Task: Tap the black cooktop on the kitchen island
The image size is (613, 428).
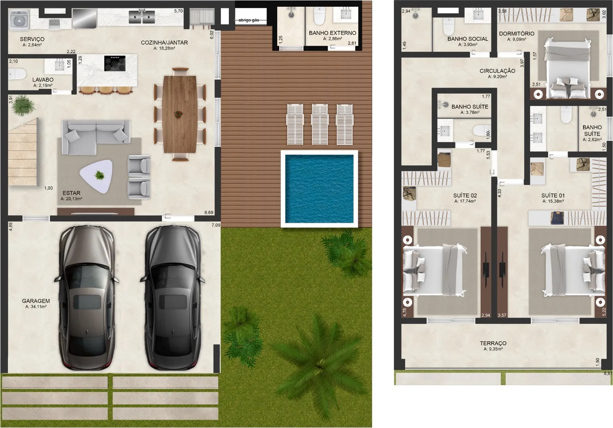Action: pos(115,63)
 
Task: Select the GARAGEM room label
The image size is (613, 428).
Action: pos(36,301)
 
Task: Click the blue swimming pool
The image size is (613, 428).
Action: pos(319,189)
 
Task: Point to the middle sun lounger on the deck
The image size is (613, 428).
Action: pos(320,124)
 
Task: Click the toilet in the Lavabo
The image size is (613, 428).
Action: pos(17,74)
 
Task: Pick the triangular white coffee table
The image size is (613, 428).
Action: pos(97,175)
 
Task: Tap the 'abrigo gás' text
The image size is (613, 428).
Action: pos(249,20)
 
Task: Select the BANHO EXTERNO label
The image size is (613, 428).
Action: pos(333,33)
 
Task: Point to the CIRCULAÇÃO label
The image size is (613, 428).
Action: pos(497,71)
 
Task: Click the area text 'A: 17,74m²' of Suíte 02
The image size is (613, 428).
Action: pos(465,201)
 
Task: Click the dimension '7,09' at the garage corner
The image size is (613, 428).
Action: pos(216,225)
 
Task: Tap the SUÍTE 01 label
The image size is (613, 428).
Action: pos(553,195)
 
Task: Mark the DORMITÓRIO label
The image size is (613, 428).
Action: pos(517,33)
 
